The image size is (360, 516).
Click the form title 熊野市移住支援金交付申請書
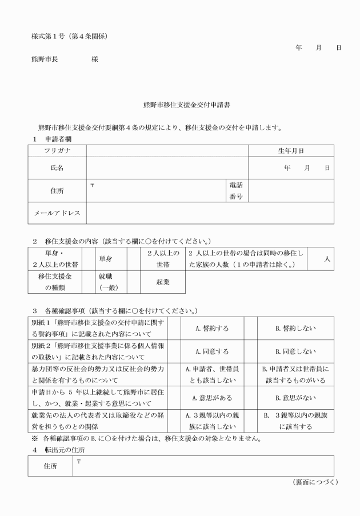pyautogui.click(x=186, y=106)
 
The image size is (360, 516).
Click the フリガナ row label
pyautogui.click(x=57, y=151)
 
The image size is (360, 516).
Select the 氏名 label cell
pyautogui.click(x=57, y=168)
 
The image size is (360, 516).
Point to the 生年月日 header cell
pyautogui.click(x=291, y=151)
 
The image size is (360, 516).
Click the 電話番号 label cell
pyautogui.click(x=236, y=191)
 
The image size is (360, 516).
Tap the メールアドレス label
pyautogui.click(x=57, y=213)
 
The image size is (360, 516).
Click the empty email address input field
pyautogui.click(x=210, y=213)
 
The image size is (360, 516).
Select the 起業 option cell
pyautogui.click(x=162, y=282)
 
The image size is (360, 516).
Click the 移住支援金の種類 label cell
pyautogui.click(x=55, y=282)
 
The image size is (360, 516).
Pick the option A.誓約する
pyautogui.click(x=212, y=329)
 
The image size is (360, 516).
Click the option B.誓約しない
pyautogui.click(x=295, y=329)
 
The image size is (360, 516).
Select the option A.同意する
pyautogui.click(x=212, y=351)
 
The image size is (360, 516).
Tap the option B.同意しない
pyautogui.click(x=295, y=351)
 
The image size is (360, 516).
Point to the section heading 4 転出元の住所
pyautogui.click(x=60, y=450)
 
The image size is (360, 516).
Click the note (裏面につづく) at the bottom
pyautogui.click(x=315, y=482)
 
